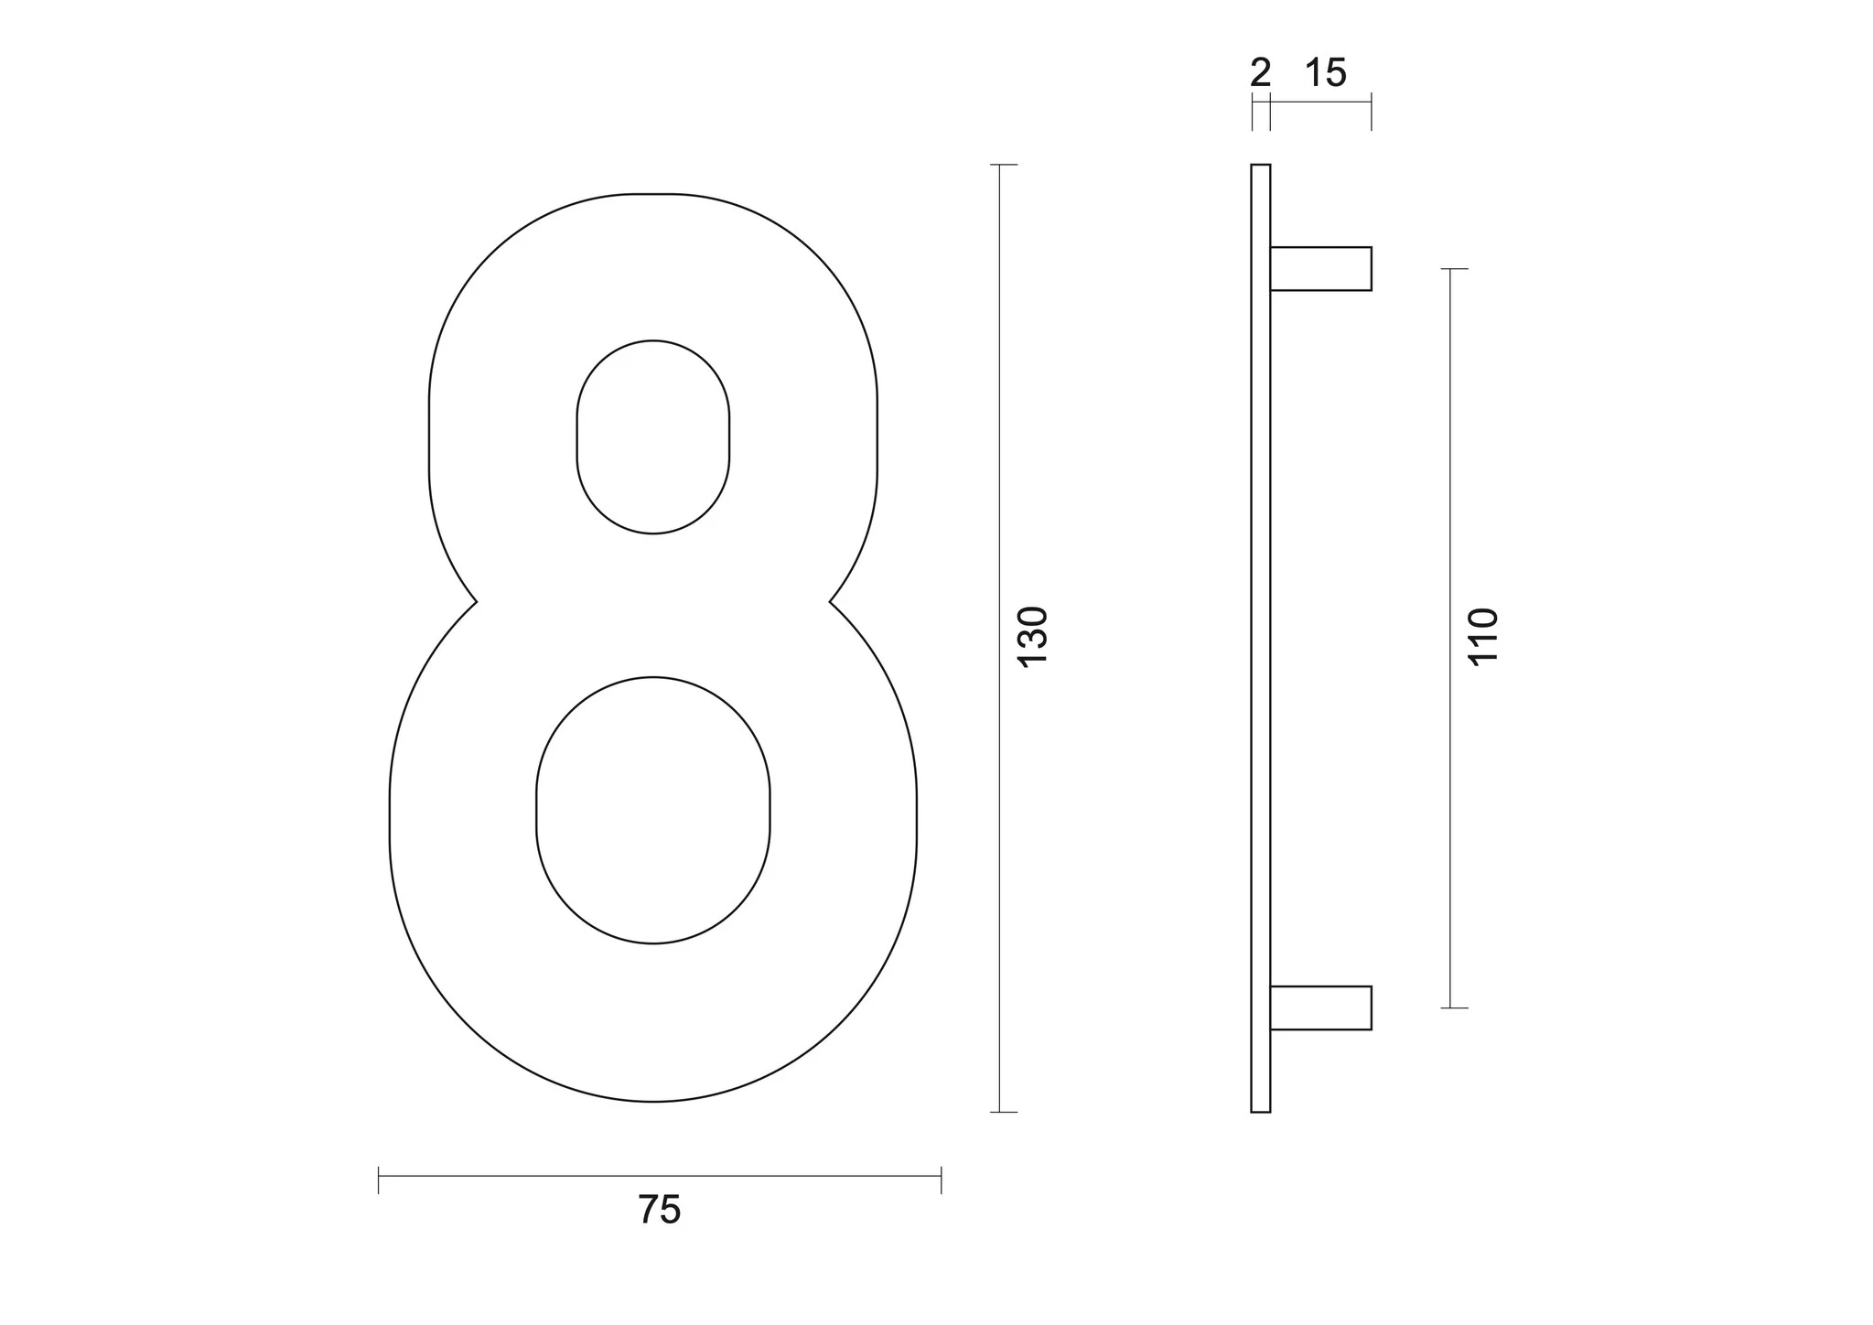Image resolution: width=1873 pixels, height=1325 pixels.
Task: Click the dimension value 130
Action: pyautogui.click(x=1032, y=637)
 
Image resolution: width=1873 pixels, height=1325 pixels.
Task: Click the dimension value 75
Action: pyautogui.click(x=660, y=1210)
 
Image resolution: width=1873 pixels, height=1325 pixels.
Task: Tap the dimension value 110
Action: pyautogui.click(x=1483, y=636)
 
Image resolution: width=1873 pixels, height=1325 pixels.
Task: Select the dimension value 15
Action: pyautogui.click(x=1326, y=73)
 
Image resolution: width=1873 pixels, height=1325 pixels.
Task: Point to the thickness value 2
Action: pyautogui.click(x=1261, y=73)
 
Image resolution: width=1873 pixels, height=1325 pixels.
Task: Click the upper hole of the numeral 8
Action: pyautogui.click(x=653, y=436)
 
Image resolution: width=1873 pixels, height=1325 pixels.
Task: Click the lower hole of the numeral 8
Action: pyautogui.click(x=653, y=810)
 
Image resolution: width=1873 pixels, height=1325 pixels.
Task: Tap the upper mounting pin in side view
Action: pyautogui.click(x=1320, y=269)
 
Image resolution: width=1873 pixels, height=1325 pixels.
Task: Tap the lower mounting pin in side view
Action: pyautogui.click(x=1320, y=1007)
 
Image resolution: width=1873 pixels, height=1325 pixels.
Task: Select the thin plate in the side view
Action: pyautogui.click(x=1261, y=638)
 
